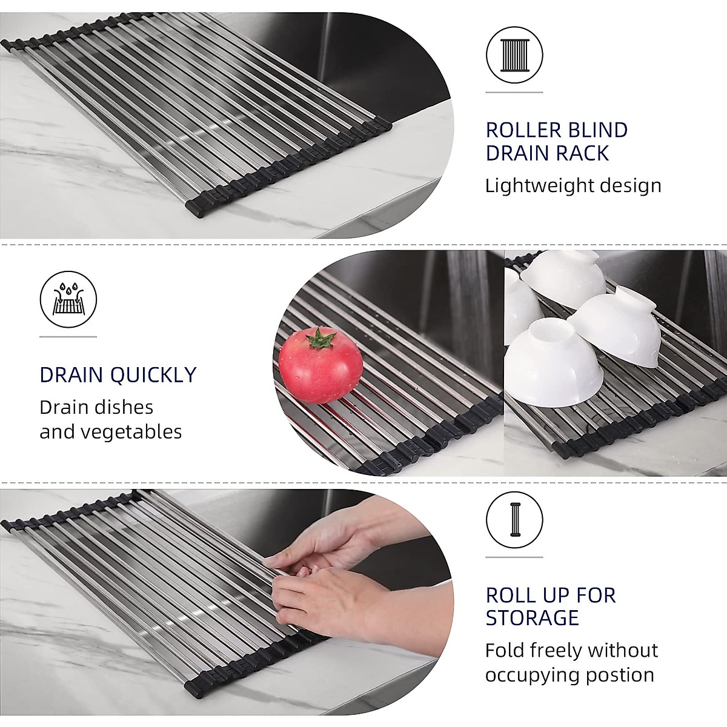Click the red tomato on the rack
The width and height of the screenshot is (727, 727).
[321, 365]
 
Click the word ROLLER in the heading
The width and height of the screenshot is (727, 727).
[523, 130]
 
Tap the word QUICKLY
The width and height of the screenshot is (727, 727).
[153, 375]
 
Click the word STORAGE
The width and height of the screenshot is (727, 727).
[533, 619]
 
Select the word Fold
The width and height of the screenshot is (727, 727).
[505, 651]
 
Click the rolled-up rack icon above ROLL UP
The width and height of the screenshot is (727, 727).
[514, 520]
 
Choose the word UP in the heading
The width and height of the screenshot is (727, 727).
[556, 596]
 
